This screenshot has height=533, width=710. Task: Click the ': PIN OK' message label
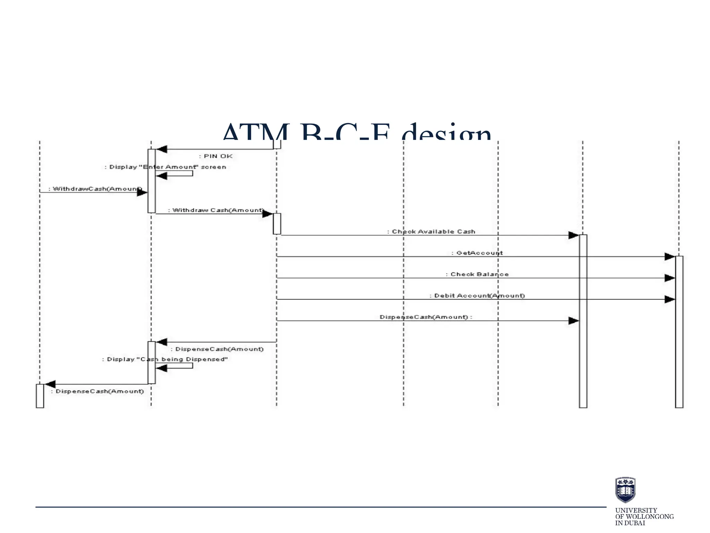pos(216,156)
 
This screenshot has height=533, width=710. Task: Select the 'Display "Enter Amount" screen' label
pos(166,167)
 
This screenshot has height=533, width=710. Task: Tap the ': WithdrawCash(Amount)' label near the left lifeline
pos(95,189)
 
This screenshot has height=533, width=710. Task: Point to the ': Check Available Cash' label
pos(431,231)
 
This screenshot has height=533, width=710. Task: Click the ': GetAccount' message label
pos(477,253)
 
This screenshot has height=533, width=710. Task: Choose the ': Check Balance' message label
pos(477,274)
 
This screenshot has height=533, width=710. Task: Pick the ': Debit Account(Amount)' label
pos(477,296)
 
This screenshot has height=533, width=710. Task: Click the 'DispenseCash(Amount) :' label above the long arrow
pos(426,317)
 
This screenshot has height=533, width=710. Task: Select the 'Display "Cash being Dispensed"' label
pos(165,359)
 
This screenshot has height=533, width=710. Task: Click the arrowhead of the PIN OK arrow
pos(162,149)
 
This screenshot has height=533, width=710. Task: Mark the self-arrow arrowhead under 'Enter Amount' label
pos(162,176)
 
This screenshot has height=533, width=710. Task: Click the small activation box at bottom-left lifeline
pos(40,396)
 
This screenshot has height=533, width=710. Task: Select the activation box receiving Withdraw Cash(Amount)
pos(277,224)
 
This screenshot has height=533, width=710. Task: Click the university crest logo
pos(625,490)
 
